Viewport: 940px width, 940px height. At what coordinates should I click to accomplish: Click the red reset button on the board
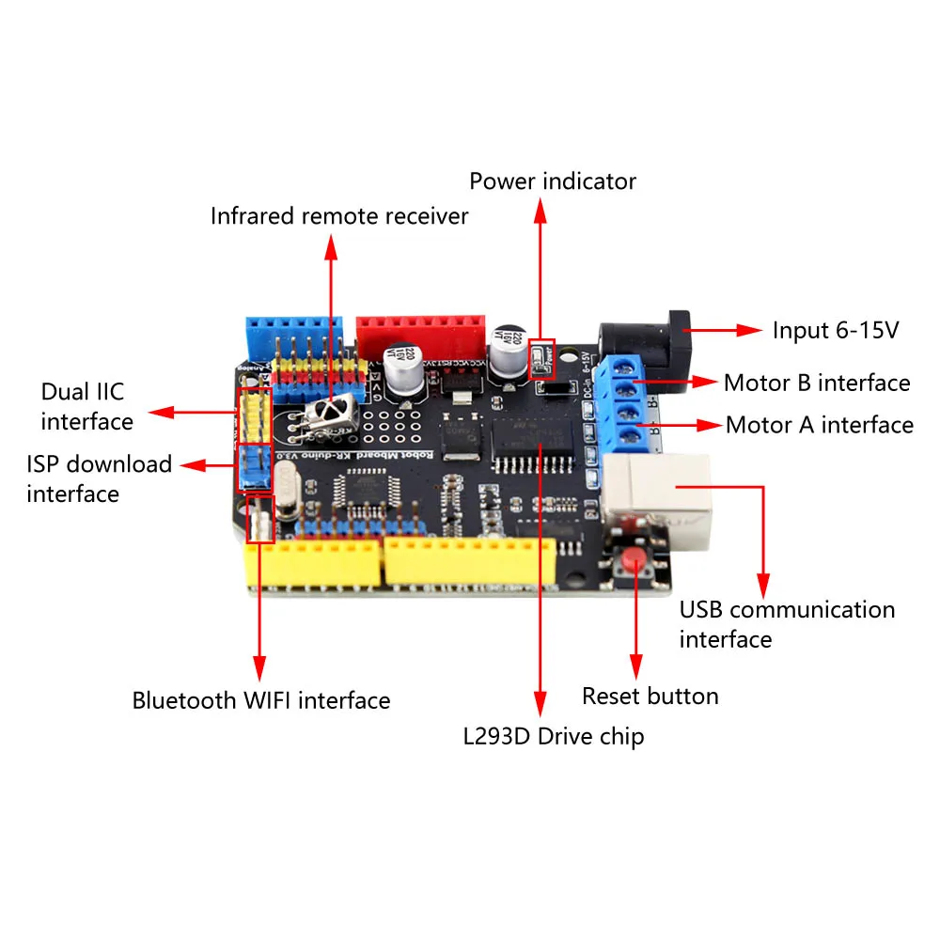coord(635,561)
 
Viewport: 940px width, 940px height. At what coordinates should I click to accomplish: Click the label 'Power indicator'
coord(553,180)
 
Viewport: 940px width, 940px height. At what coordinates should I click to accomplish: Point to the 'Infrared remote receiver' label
coord(338,216)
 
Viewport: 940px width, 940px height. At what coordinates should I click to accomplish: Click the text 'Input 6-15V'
coord(836,331)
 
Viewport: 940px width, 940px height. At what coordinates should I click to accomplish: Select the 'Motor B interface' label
coord(816,383)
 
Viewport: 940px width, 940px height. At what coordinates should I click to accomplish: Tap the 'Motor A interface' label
coord(819,425)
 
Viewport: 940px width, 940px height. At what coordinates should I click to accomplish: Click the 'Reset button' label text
coord(650,696)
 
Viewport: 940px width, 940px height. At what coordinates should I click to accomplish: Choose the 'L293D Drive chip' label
coord(553,735)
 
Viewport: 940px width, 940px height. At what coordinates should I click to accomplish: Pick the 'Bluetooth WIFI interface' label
coord(260,700)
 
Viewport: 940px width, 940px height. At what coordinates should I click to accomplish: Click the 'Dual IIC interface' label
coord(86,406)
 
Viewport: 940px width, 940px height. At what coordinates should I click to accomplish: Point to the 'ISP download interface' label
coord(99,478)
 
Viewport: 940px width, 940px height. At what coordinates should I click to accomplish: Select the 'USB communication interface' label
coord(787,624)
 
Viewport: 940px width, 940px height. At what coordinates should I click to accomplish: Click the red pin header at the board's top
coord(420,331)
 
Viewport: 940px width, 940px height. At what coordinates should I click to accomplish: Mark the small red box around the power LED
coord(542,357)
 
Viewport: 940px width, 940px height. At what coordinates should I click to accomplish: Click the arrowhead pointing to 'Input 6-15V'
coord(751,330)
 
